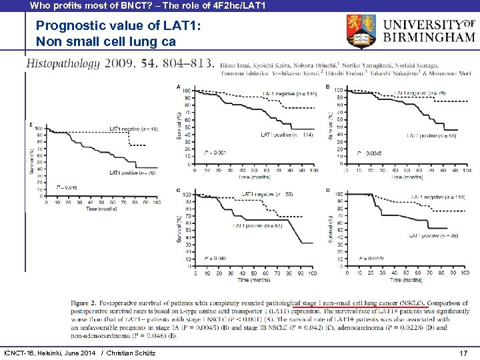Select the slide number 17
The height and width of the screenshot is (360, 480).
[x=463, y=351]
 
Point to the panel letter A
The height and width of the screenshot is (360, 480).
[x=178, y=87]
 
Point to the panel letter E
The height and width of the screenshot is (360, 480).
[x=31, y=124]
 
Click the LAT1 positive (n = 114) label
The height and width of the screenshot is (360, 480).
[x=287, y=135]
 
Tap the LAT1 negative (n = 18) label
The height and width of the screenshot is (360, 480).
[x=133, y=129]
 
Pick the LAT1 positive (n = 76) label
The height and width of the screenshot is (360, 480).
[x=133, y=173]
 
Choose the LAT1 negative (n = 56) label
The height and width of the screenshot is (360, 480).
[x=267, y=194]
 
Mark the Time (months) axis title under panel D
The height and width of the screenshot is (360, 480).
[x=405, y=280]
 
